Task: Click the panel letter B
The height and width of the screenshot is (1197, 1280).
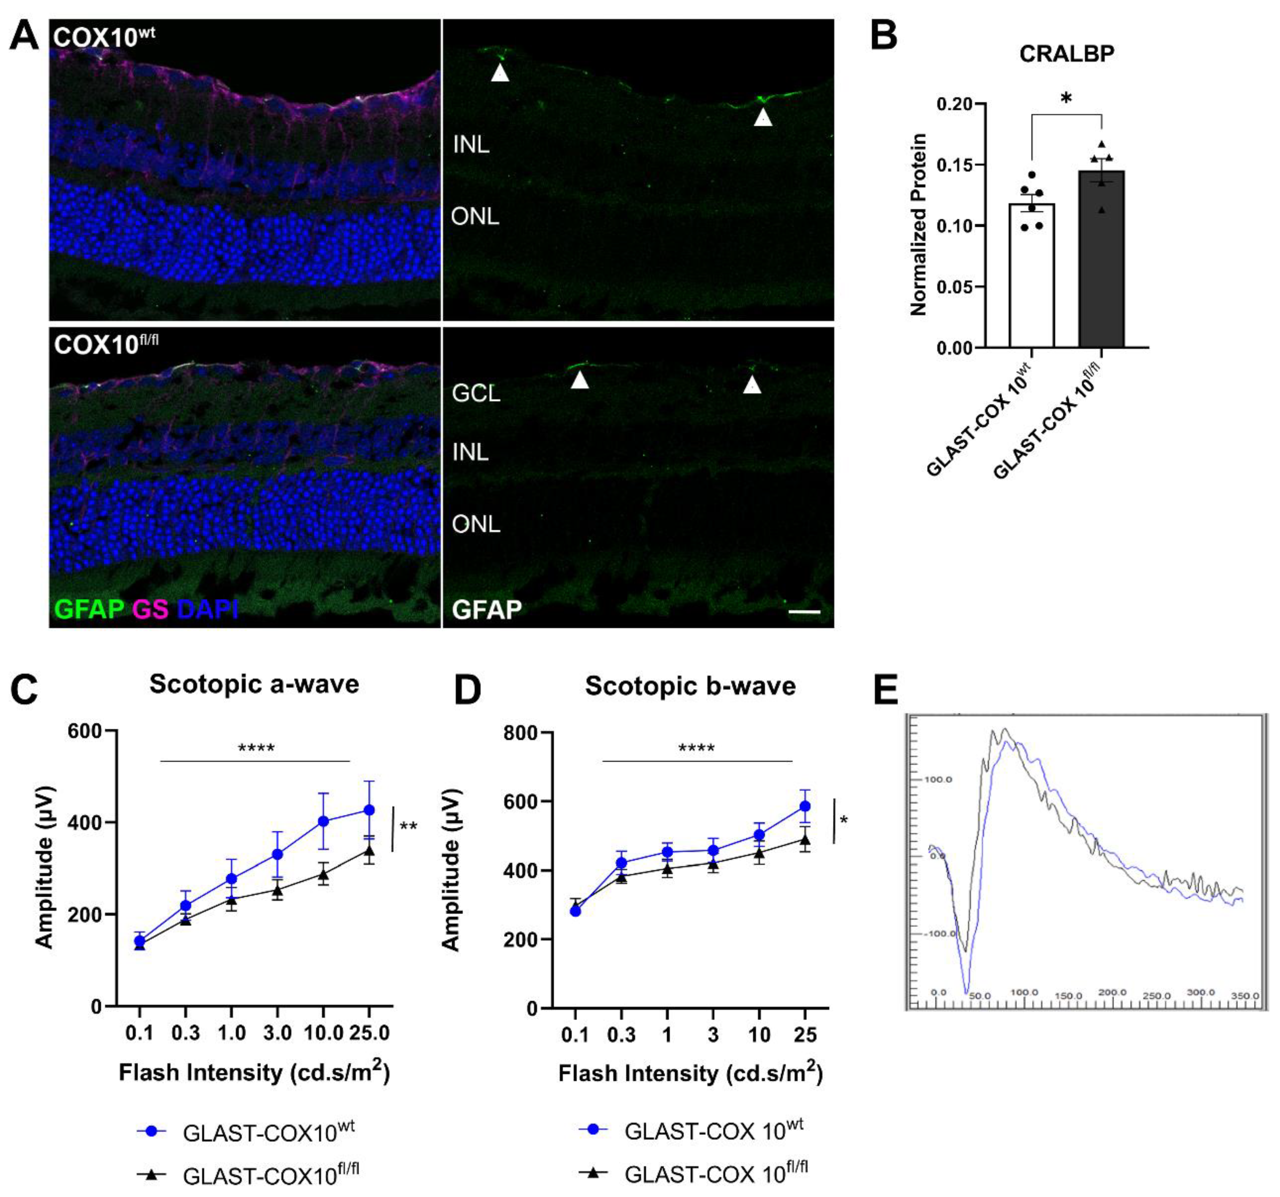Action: (x=883, y=35)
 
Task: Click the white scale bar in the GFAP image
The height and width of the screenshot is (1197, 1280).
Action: (x=804, y=611)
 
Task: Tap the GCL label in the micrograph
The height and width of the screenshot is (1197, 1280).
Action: (x=476, y=393)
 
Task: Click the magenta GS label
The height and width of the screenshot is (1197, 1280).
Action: (x=150, y=608)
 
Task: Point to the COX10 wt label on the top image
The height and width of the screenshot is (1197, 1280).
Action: (x=103, y=37)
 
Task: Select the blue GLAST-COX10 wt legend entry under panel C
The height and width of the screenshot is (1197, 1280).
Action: (x=245, y=1131)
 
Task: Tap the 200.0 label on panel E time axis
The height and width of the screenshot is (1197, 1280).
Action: (x=1112, y=992)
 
